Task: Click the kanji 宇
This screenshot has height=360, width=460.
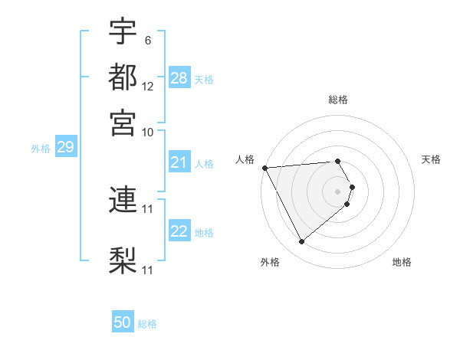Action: click(x=123, y=31)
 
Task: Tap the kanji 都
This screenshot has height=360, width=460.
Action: click(x=123, y=77)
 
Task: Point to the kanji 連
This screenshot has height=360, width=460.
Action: click(x=123, y=201)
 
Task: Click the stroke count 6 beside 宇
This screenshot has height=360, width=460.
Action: click(x=146, y=40)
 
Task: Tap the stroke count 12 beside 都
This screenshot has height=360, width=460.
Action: click(x=148, y=86)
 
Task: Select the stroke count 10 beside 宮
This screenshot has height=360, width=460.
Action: click(x=148, y=132)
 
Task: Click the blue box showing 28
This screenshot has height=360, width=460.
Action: click(x=179, y=78)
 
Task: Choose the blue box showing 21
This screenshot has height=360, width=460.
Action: click(x=179, y=162)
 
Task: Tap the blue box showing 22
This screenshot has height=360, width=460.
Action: click(x=179, y=232)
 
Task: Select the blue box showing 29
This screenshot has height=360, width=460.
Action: click(x=65, y=147)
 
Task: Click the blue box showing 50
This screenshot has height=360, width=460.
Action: click(x=123, y=323)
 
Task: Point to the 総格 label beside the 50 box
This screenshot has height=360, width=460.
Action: click(x=147, y=324)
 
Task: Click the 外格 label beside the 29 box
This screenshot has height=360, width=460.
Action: click(x=41, y=149)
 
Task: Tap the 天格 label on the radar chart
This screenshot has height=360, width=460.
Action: click(x=432, y=159)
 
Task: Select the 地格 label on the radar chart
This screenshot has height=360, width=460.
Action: click(x=402, y=262)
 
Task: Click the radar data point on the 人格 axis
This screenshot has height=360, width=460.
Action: click(x=264, y=168)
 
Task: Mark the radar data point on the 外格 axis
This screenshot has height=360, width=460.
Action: click(x=301, y=242)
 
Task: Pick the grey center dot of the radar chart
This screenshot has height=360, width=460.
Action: click(x=338, y=191)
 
